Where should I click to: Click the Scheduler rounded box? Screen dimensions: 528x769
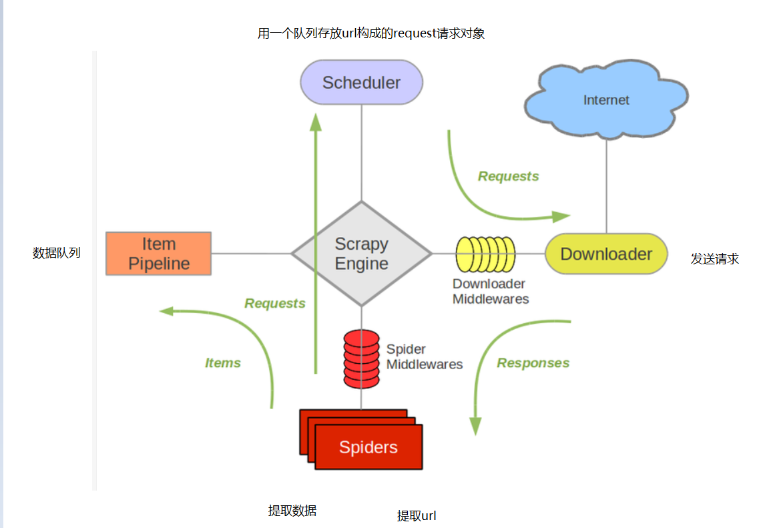click(x=361, y=82)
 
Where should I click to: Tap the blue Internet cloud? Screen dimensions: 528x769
click(x=606, y=100)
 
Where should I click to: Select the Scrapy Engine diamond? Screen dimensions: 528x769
click(x=361, y=254)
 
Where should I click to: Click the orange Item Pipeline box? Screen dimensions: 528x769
click(x=159, y=254)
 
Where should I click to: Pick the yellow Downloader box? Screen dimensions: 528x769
click(x=606, y=254)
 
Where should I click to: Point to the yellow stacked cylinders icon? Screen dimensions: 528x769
click(x=485, y=254)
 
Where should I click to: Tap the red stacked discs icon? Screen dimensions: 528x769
click(x=361, y=358)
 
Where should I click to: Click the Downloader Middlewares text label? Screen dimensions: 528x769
click(x=491, y=292)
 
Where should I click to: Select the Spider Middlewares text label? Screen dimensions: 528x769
click(x=425, y=356)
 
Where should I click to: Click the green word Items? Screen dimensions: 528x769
click(x=223, y=363)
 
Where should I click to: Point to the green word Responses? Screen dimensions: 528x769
click(x=533, y=363)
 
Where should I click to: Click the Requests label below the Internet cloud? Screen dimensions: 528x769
click(x=509, y=176)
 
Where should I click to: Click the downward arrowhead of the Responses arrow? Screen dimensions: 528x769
click(x=475, y=427)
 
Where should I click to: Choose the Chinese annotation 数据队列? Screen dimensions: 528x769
click(x=57, y=253)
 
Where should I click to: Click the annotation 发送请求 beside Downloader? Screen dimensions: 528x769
click(x=715, y=259)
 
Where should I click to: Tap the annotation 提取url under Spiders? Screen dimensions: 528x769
click(x=417, y=515)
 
